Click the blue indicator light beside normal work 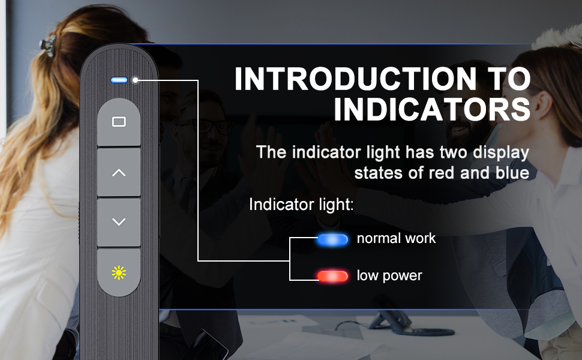332,240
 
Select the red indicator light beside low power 332,276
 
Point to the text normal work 396,238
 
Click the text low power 389,275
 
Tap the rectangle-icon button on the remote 119,122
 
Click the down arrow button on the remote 119,222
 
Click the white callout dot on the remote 136,79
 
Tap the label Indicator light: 301,205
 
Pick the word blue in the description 512,173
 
